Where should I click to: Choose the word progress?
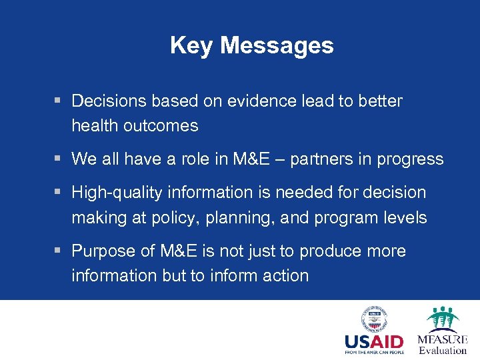410,159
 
